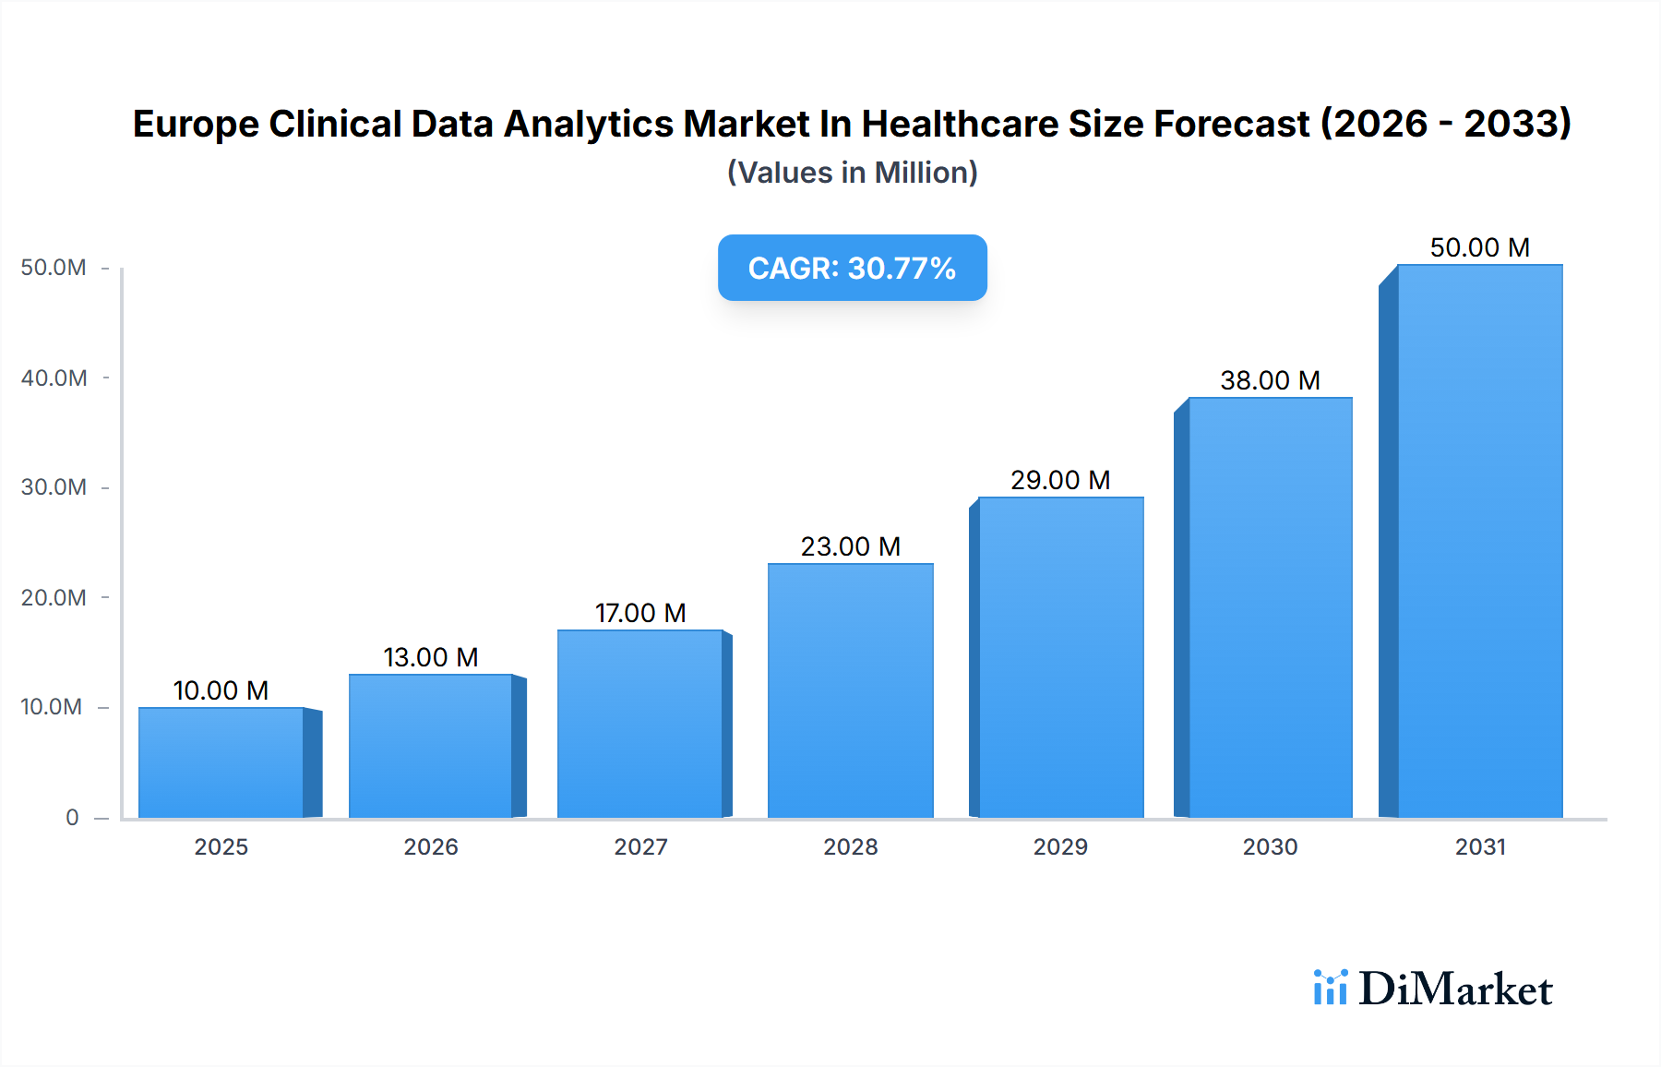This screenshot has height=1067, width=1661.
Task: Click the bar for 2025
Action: pyautogui.click(x=221, y=762)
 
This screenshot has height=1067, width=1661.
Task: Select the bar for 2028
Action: pyautogui.click(x=850, y=690)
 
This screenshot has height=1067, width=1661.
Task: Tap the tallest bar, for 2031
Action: pyautogui.click(x=1479, y=541)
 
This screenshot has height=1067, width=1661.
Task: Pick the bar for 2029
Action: pyautogui.click(x=1060, y=657)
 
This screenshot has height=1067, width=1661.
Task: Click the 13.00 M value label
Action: pyautogui.click(x=431, y=657)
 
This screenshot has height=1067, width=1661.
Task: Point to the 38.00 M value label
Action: pyautogui.click(x=1270, y=380)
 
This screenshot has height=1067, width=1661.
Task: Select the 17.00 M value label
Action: pyautogui.click(x=640, y=613)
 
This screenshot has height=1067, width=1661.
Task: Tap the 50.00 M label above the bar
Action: pyautogui.click(x=1479, y=247)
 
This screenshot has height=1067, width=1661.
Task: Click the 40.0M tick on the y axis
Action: pyautogui.click(x=54, y=378)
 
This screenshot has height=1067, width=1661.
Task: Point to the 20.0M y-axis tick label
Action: pyautogui.click(x=54, y=597)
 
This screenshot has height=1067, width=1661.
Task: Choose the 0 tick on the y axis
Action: pyautogui.click(x=72, y=817)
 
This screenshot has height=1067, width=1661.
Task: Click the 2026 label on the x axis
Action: pyautogui.click(x=431, y=846)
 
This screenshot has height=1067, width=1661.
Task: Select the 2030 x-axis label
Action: pyautogui.click(x=1270, y=846)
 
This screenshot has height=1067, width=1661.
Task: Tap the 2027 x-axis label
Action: pyautogui.click(x=640, y=846)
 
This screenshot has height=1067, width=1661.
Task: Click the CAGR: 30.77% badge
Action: pyautogui.click(x=852, y=268)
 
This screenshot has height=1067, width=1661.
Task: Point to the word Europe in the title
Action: pyautogui.click(x=195, y=125)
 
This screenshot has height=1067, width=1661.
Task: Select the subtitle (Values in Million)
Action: pyautogui.click(x=852, y=173)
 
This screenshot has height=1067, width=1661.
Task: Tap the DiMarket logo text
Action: pyautogui.click(x=1455, y=989)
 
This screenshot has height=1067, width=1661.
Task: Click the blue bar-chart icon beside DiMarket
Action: pyautogui.click(x=1330, y=988)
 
